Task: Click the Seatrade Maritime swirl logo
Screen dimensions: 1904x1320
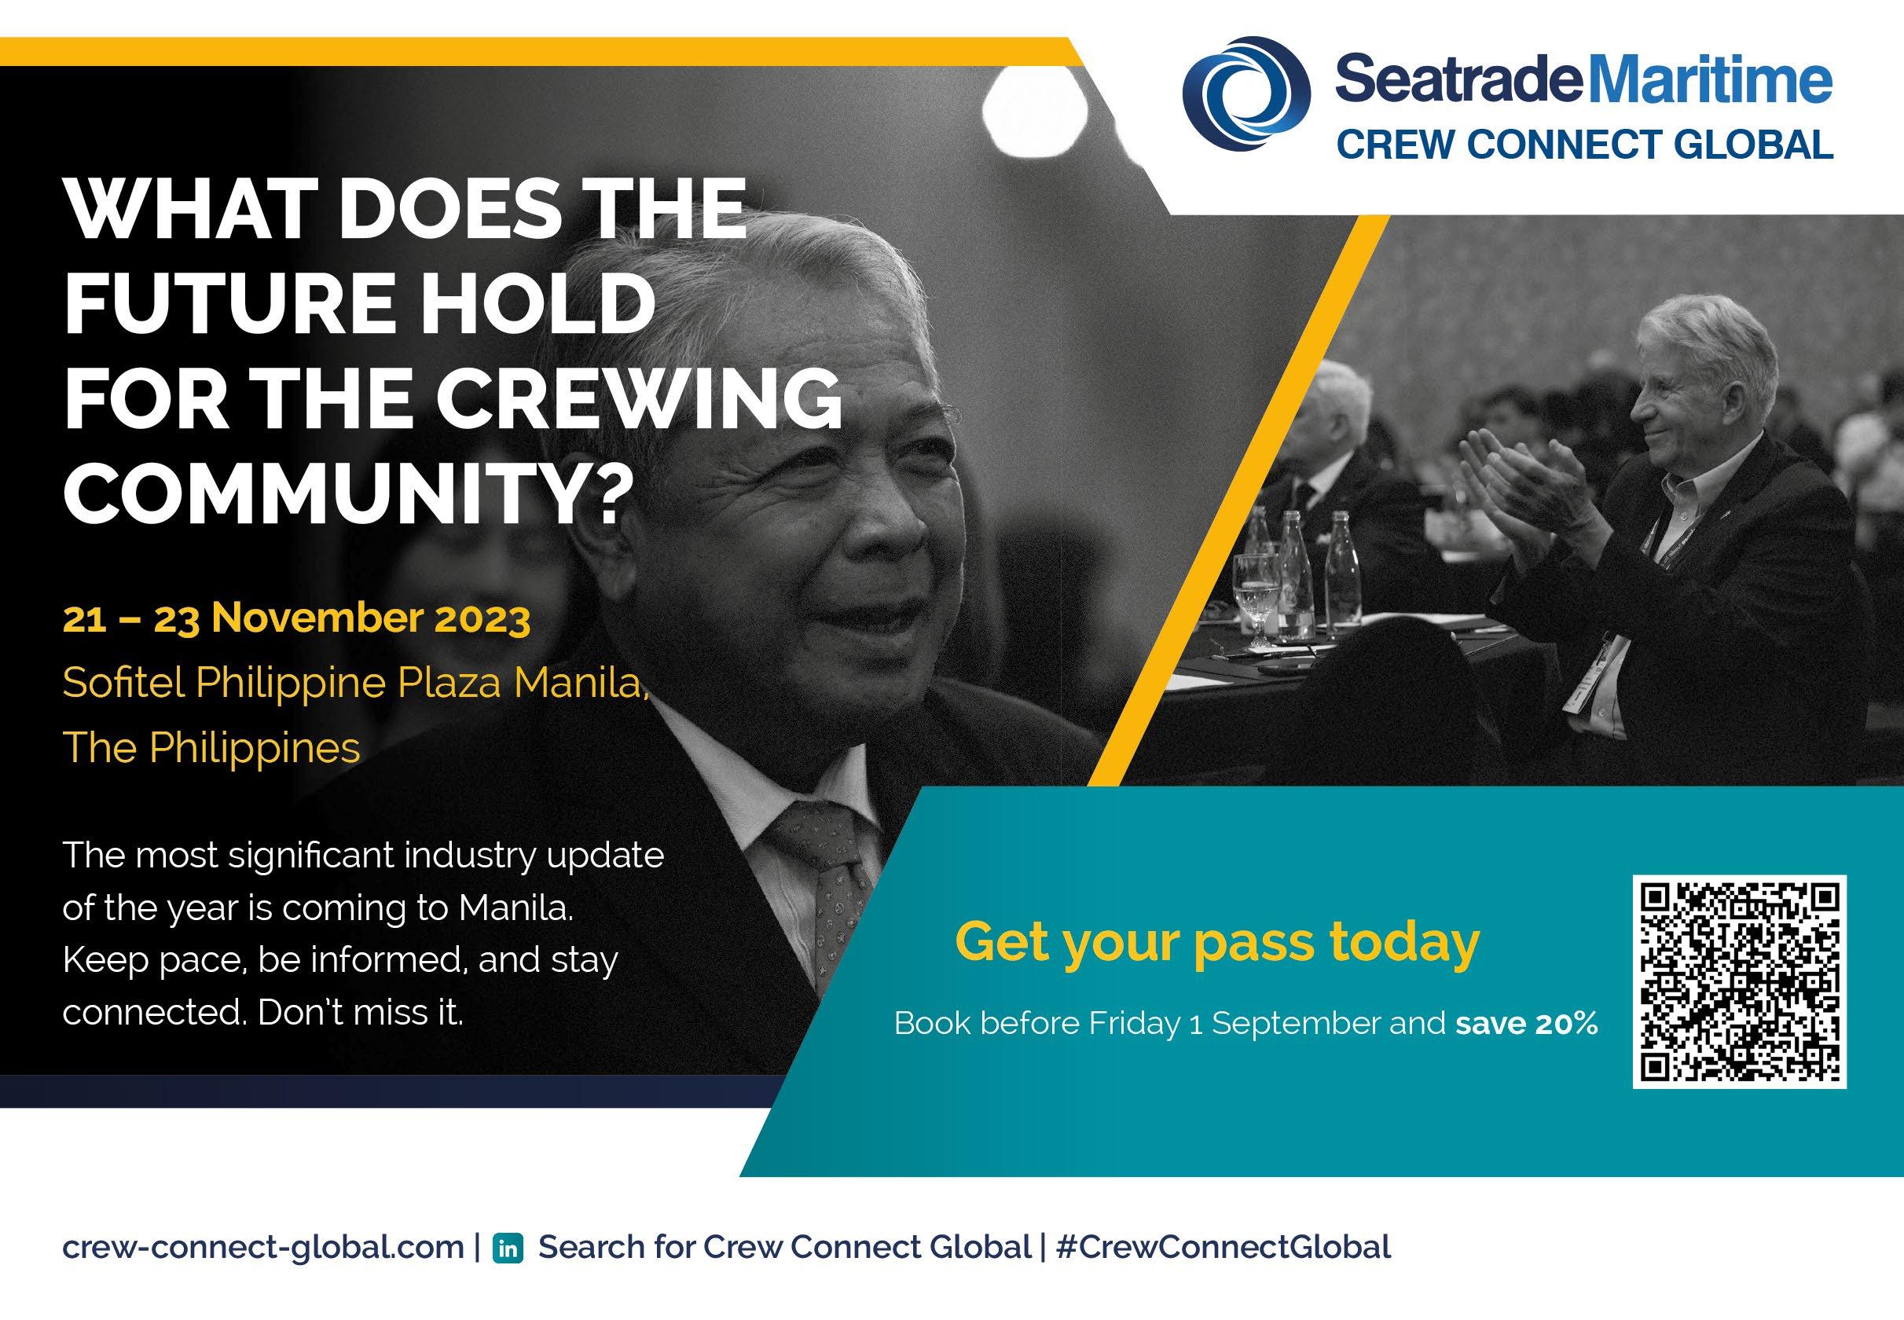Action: tap(1246, 97)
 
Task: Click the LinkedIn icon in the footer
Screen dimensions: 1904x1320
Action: tap(508, 1248)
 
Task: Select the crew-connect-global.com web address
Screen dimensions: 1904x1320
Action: tap(263, 1247)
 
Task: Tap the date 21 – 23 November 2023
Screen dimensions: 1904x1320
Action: tap(296, 618)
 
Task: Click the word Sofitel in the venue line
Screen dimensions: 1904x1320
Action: tap(124, 683)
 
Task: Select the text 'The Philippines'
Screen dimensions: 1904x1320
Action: tap(211, 749)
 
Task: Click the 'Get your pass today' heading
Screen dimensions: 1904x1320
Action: tap(1217, 942)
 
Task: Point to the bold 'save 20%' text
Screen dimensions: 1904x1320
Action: tap(1527, 1024)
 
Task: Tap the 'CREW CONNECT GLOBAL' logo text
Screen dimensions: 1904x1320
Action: tap(1585, 145)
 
